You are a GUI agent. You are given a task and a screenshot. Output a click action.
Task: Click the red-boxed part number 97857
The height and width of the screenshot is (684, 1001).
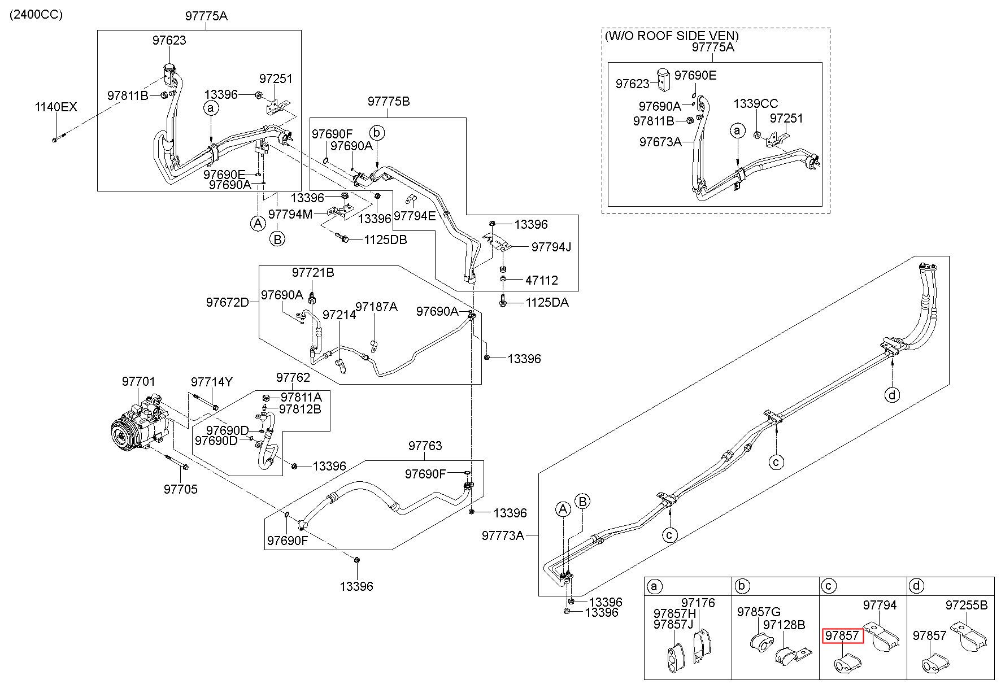click(x=842, y=635)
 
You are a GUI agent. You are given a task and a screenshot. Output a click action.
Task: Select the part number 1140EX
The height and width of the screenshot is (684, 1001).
click(x=56, y=107)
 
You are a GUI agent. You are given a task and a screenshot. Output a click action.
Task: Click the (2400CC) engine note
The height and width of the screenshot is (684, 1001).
click(x=36, y=14)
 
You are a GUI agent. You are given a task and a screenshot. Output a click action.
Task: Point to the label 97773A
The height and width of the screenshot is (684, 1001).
click(x=503, y=535)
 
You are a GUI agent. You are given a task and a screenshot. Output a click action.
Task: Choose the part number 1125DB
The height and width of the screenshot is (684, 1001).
click(x=385, y=239)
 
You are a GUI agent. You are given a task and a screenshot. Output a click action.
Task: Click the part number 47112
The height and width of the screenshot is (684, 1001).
click(x=542, y=280)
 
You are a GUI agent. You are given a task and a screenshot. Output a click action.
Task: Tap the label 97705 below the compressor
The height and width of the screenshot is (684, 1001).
click(x=181, y=489)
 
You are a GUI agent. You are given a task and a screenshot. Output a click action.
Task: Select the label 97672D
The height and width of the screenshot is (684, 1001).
click(x=227, y=302)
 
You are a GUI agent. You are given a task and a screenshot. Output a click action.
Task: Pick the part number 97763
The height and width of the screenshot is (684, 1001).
click(x=425, y=446)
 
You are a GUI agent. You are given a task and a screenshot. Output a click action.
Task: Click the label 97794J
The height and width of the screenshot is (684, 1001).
click(x=552, y=247)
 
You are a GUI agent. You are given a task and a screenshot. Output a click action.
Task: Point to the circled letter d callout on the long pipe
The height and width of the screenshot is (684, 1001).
click(x=892, y=395)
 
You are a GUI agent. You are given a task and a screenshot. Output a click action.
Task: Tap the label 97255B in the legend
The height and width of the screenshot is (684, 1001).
click(x=967, y=605)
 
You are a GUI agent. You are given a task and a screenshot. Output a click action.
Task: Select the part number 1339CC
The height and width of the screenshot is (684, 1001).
click(x=756, y=104)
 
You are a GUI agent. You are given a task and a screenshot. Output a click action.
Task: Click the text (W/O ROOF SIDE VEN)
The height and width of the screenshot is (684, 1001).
click(x=672, y=36)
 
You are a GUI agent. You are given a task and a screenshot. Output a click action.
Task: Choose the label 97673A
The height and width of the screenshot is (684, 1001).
click(x=660, y=142)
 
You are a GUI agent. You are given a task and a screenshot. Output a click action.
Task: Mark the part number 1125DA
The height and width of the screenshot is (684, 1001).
click(x=547, y=302)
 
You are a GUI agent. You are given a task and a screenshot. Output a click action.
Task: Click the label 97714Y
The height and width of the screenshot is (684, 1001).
click(x=211, y=382)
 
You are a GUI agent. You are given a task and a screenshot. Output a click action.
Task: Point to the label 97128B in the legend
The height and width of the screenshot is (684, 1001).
click(x=784, y=625)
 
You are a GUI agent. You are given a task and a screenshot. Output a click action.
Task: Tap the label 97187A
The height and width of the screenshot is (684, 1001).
click(x=376, y=307)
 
